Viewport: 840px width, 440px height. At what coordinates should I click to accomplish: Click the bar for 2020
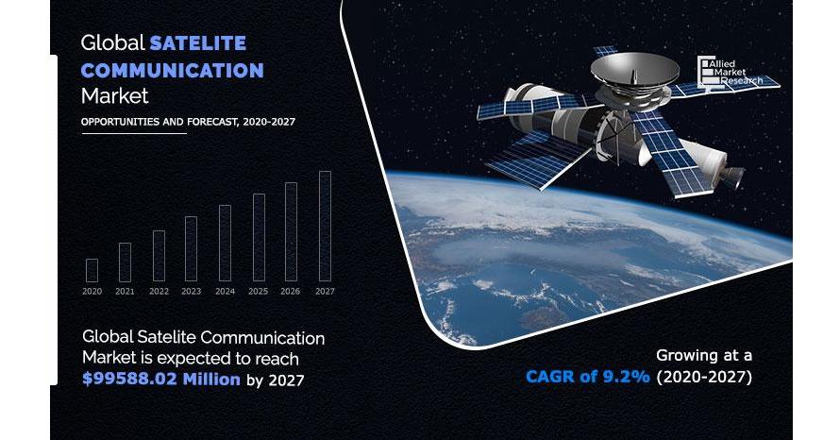click(92, 271)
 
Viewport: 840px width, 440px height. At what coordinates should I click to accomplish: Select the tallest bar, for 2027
click(326, 227)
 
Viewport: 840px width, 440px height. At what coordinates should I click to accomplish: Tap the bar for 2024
click(225, 244)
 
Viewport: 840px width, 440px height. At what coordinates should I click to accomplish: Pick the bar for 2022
click(160, 256)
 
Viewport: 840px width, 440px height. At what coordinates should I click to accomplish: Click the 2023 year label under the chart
click(192, 292)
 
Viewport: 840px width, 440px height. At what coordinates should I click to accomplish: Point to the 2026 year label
click(291, 292)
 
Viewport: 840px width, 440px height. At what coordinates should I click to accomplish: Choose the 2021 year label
click(125, 292)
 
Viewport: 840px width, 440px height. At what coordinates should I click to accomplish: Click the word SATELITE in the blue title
click(197, 42)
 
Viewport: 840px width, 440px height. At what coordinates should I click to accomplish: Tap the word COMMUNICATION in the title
click(172, 70)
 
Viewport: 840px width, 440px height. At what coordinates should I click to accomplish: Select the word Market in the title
click(114, 96)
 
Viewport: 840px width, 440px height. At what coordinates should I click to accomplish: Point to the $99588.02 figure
click(129, 380)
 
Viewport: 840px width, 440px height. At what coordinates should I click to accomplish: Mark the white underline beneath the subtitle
click(134, 133)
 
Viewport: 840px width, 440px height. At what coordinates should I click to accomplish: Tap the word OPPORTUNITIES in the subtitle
click(121, 122)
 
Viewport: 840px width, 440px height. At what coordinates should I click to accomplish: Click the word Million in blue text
click(211, 380)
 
